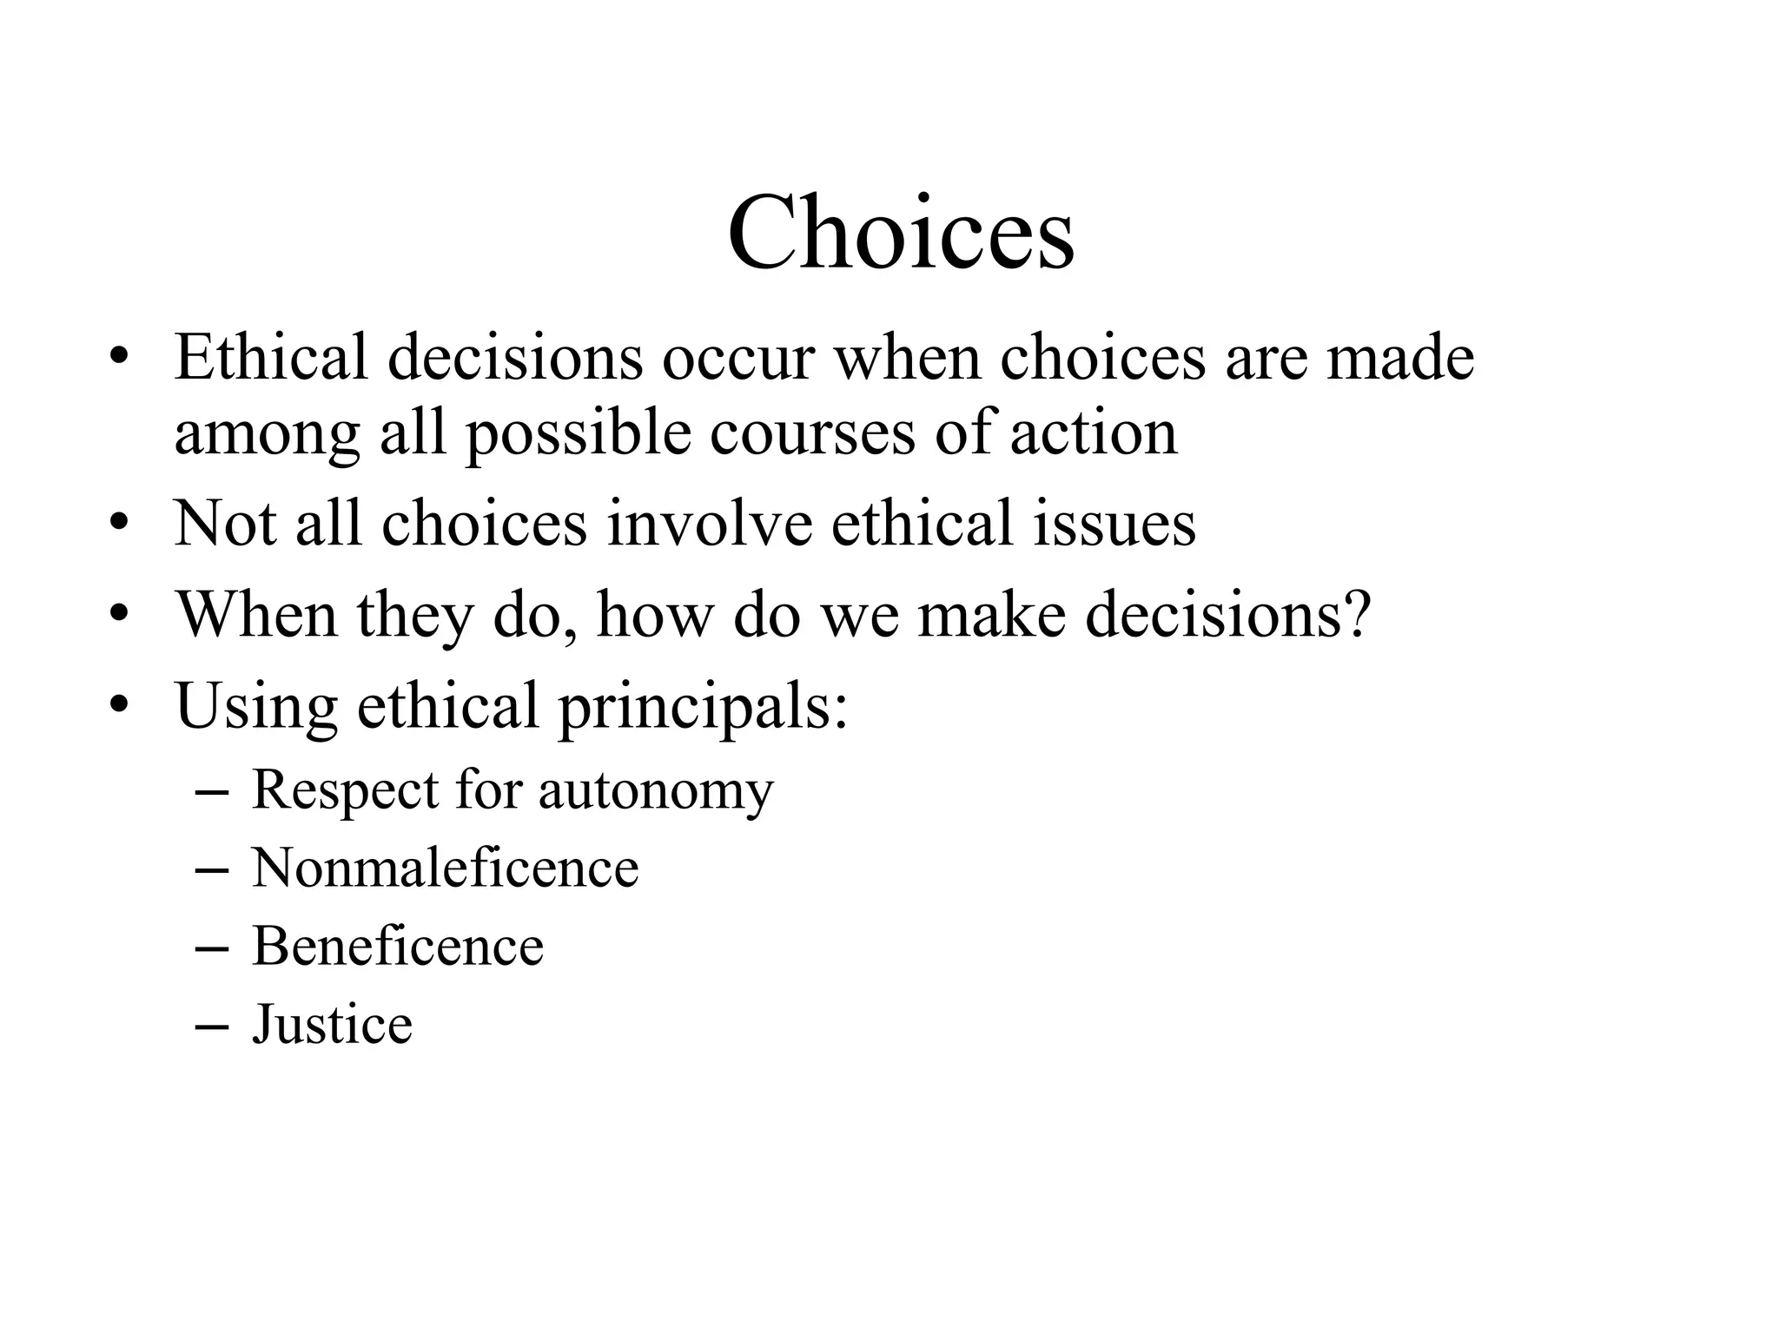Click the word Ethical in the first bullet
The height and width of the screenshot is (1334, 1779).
click(271, 357)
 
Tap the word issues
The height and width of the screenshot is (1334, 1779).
click(1114, 524)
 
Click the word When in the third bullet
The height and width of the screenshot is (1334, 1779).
click(257, 615)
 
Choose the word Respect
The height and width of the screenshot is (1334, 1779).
click(345, 790)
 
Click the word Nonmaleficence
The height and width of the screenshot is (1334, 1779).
click(445, 868)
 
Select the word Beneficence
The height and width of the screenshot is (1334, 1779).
click(398, 946)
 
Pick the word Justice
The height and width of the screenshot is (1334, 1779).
click(332, 1024)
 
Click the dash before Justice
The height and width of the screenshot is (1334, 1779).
click(212, 1026)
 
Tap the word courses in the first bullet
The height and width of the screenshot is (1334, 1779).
click(812, 433)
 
